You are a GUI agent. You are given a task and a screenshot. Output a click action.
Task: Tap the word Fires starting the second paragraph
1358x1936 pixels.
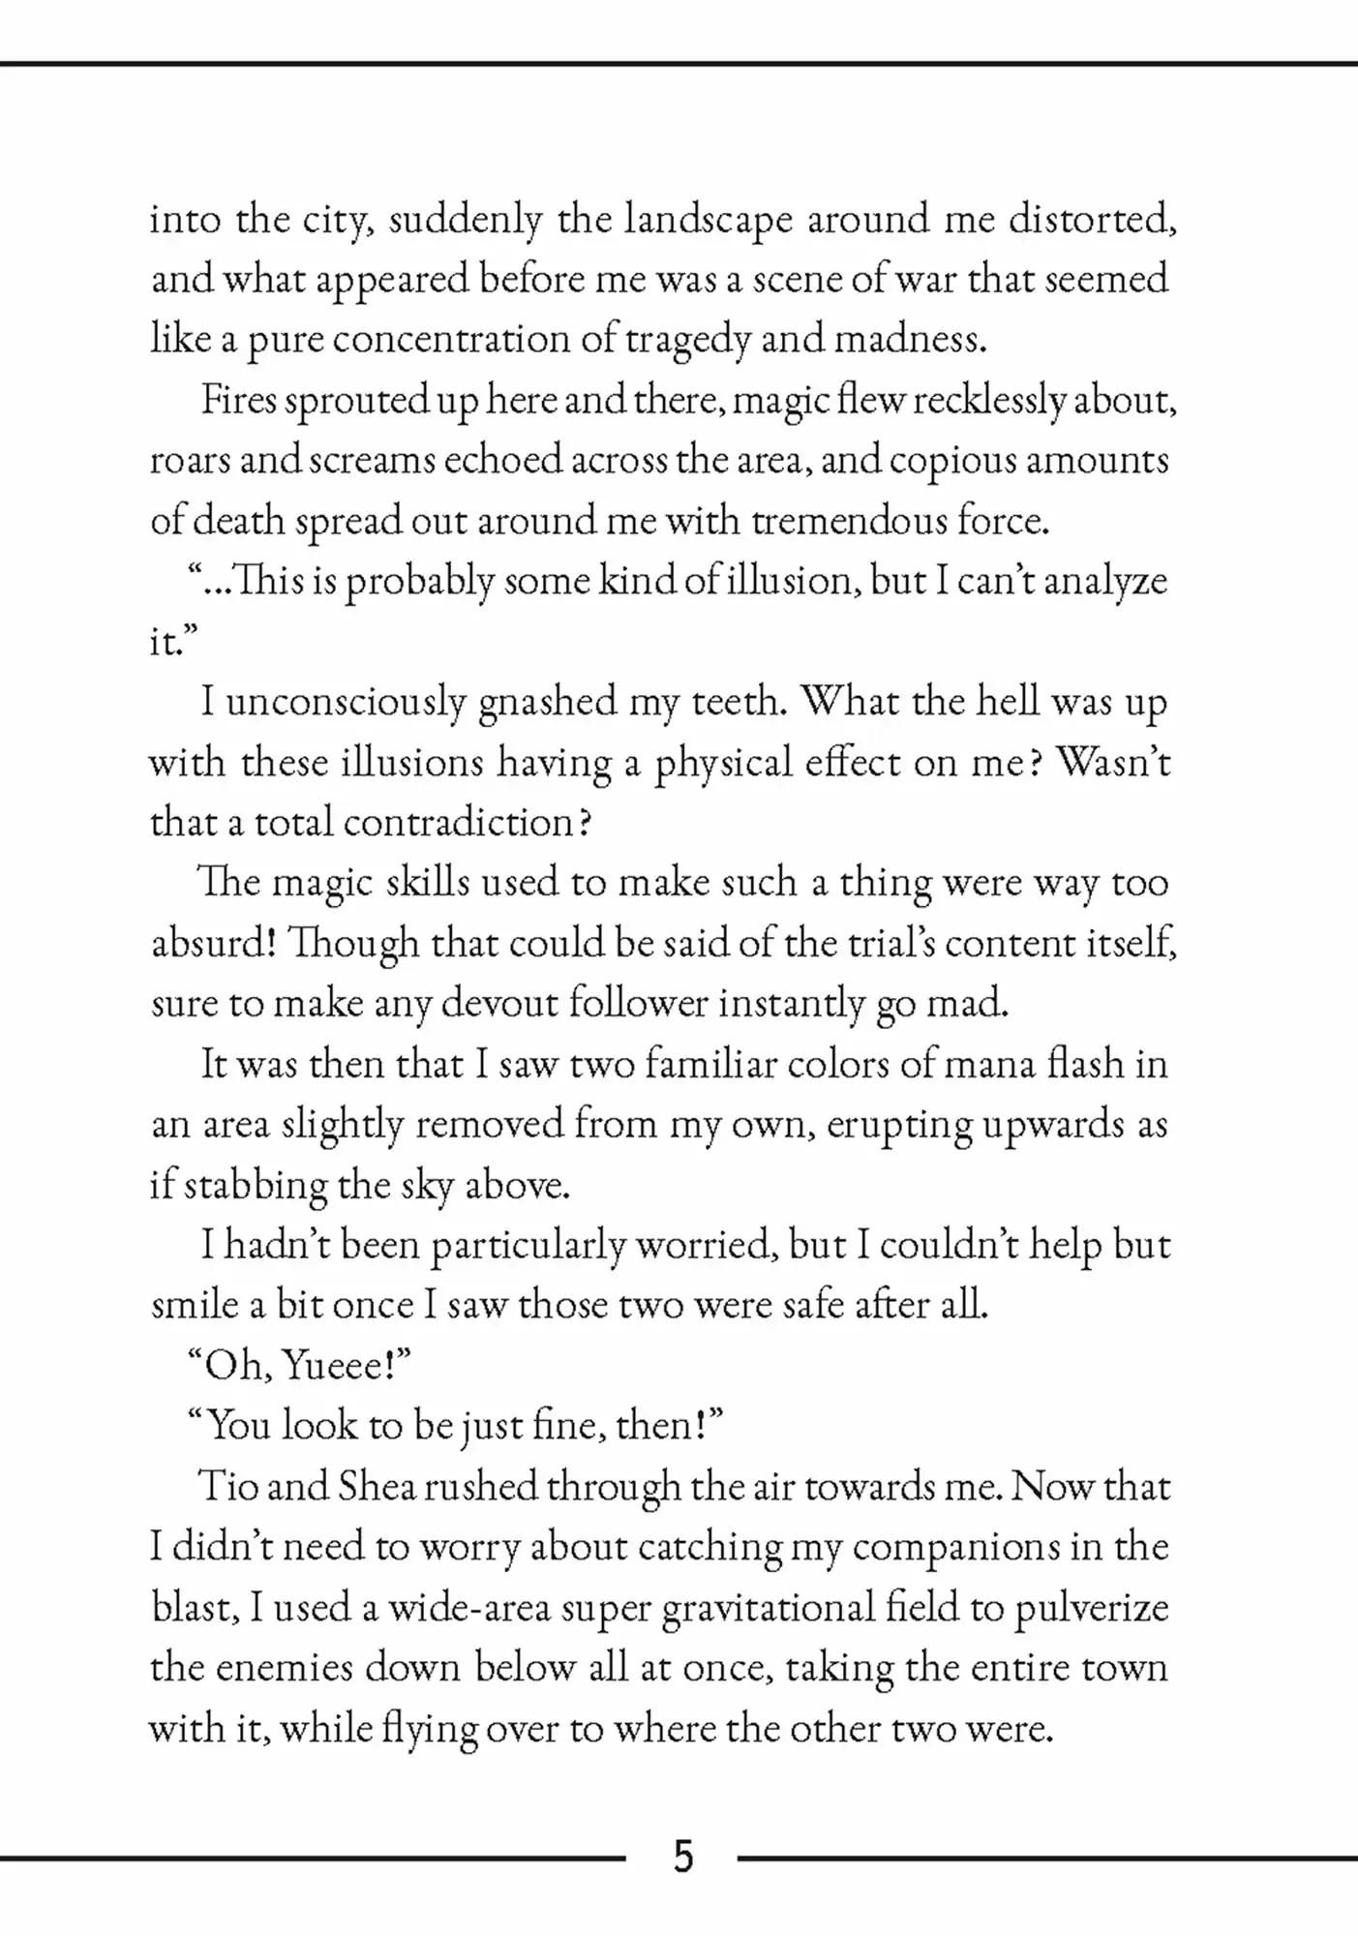(239, 400)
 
